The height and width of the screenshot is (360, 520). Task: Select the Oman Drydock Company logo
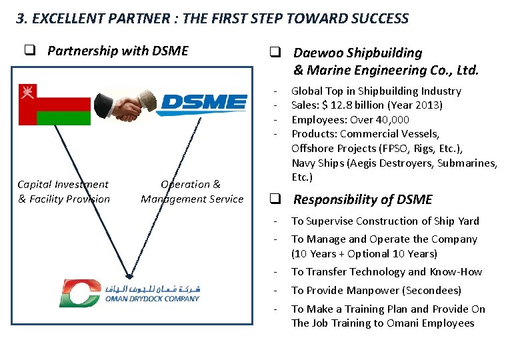click(x=129, y=293)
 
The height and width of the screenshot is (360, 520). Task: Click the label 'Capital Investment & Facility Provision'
click(x=63, y=191)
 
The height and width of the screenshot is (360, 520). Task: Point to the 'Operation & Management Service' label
click(x=192, y=191)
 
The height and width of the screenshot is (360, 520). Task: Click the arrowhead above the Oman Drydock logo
click(x=129, y=275)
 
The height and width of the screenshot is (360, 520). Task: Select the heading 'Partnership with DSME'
click(x=117, y=51)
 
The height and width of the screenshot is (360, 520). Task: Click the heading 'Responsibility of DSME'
click(x=363, y=199)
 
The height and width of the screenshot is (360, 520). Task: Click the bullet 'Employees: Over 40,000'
click(x=350, y=119)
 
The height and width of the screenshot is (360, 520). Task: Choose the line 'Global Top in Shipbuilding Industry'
click(x=376, y=91)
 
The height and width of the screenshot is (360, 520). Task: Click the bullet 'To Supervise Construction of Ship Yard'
click(x=385, y=221)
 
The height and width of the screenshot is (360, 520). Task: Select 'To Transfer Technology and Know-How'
click(x=386, y=271)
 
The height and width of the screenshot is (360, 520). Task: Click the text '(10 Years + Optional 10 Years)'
click(x=364, y=253)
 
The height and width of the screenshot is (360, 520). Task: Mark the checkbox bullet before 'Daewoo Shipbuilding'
click(x=273, y=52)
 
